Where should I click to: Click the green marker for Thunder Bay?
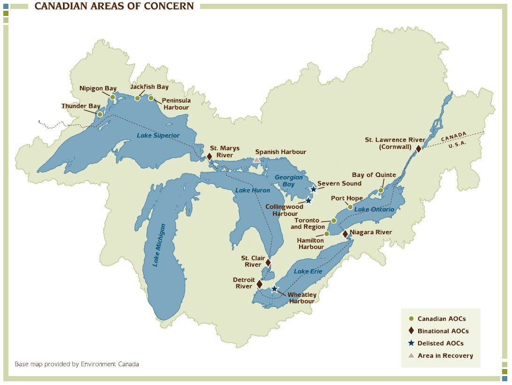coord(100,114)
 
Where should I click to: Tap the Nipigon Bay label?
coord(98,88)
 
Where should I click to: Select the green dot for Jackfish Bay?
coord(137,98)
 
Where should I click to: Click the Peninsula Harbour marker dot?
coord(151,98)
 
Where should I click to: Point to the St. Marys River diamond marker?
coord(209,156)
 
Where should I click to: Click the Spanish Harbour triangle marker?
coord(256,160)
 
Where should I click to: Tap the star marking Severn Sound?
coord(313,189)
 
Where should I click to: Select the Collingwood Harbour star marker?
coord(308,200)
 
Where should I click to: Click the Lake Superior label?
coord(158,135)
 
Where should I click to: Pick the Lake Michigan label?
coord(158,245)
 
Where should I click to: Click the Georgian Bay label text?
coord(286,181)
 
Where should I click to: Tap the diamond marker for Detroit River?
coord(259,284)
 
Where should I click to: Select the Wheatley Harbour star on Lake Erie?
coord(274,289)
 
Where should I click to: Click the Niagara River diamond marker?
coord(345,233)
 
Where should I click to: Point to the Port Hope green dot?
coord(350,207)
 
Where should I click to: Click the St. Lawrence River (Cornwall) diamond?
coord(419,148)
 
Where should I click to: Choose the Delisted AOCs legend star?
coord(411,343)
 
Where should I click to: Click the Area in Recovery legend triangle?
coord(411,355)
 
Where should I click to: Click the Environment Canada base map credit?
coord(77,364)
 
